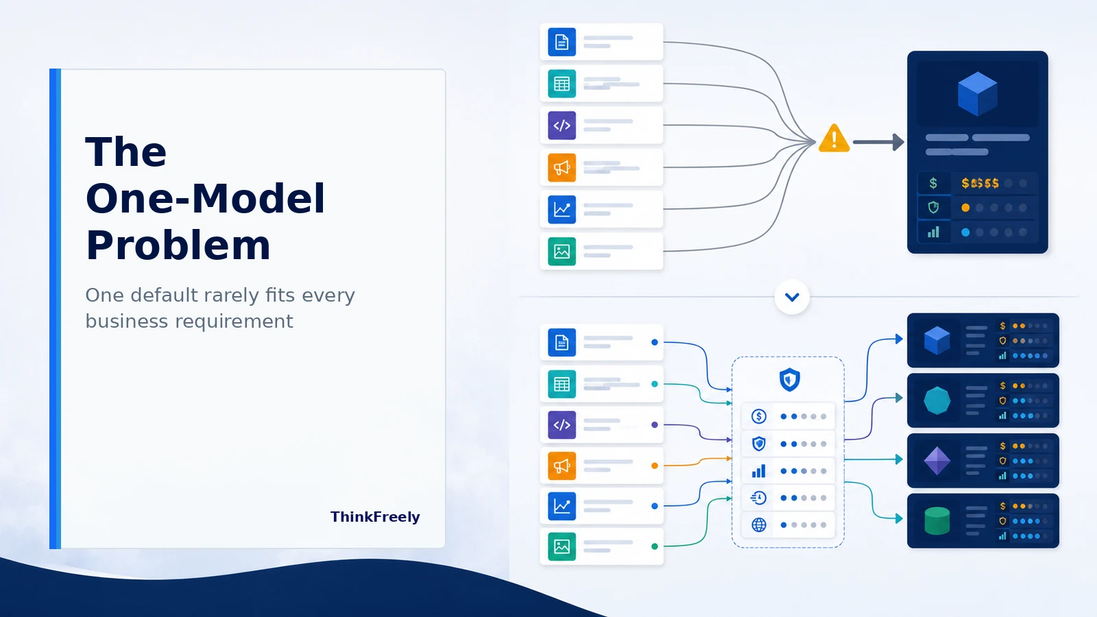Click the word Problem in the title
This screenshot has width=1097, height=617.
pos(178,246)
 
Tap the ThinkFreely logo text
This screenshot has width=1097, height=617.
pos(375,517)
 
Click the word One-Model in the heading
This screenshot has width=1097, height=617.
pos(205,198)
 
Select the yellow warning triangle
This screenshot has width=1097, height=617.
pos(834,138)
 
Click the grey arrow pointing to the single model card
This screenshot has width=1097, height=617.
pos(878,143)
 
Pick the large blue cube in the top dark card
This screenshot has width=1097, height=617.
pos(978,93)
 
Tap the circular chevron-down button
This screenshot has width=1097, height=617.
pos(792,297)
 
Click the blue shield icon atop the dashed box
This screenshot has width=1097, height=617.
pos(789,380)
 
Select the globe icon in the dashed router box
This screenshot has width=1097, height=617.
pos(758,525)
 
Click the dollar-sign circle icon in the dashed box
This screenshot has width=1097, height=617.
pos(758,416)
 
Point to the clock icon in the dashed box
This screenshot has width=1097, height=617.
pos(758,498)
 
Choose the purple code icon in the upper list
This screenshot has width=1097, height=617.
pos(562,126)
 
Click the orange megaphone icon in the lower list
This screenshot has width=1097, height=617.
pos(562,465)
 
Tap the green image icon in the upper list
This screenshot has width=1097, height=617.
pos(562,252)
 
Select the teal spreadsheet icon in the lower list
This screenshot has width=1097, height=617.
pos(562,385)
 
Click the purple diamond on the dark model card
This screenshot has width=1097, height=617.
pos(937,461)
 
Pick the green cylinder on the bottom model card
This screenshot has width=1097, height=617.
pos(937,520)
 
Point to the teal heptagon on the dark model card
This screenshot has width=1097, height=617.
pos(937,400)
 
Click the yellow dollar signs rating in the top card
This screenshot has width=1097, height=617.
pos(980,183)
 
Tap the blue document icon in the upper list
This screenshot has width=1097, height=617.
pos(562,42)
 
